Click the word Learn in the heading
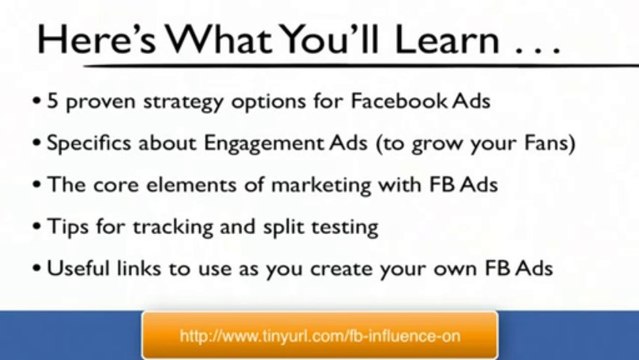tap(447, 40)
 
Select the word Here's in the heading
tap(97, 39)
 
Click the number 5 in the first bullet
tap(52, 100)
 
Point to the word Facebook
tap(399, 100)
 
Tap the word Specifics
tap(88, 144)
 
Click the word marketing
tap(321, 186)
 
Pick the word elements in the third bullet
tap(191, 185)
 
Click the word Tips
tap(68, 227)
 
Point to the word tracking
tap(173, 228)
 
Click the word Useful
tap(78, 268)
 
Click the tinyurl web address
tap(320, 336)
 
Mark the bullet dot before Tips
tap(37, 226)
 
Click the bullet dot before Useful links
tap(37, 268)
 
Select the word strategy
tap(183, 102)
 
